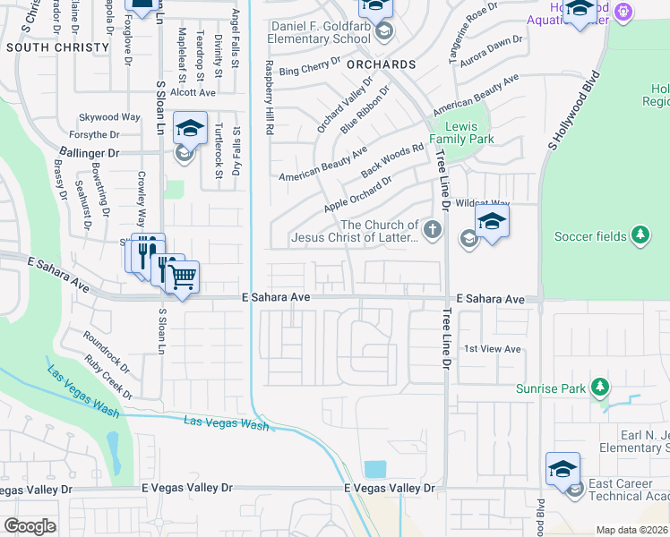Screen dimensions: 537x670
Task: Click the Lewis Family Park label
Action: coord(461,133)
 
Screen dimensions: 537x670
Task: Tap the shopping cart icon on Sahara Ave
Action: coord(183,277)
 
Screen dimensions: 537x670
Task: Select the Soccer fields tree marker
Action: coord(640,235)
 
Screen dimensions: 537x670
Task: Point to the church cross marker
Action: coord(433,230)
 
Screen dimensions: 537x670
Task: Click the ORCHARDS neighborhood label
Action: coord(382,64)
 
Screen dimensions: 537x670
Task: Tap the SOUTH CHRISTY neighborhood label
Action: coord(46,47)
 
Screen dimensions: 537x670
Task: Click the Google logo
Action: coord(29,525)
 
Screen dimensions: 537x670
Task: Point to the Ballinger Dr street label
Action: coord(90,153)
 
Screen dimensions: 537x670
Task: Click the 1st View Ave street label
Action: coord(493,348)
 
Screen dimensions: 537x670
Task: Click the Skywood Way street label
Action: coord(110,117)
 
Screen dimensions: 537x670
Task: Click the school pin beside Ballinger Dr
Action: coord(190,130)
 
